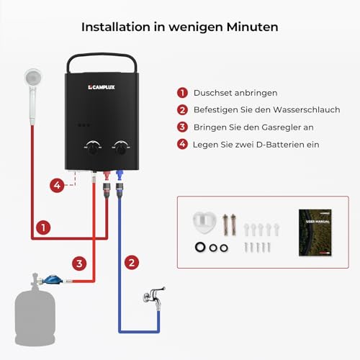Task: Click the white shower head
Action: click(x=32, y=78)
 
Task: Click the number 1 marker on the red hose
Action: click(x=44, y=228)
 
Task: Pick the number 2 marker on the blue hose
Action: click(x=131, y=263)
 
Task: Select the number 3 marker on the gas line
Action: click(x=80, y=264)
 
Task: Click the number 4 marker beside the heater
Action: click(x=57, y=185)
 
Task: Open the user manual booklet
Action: click(x=316, y=231)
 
